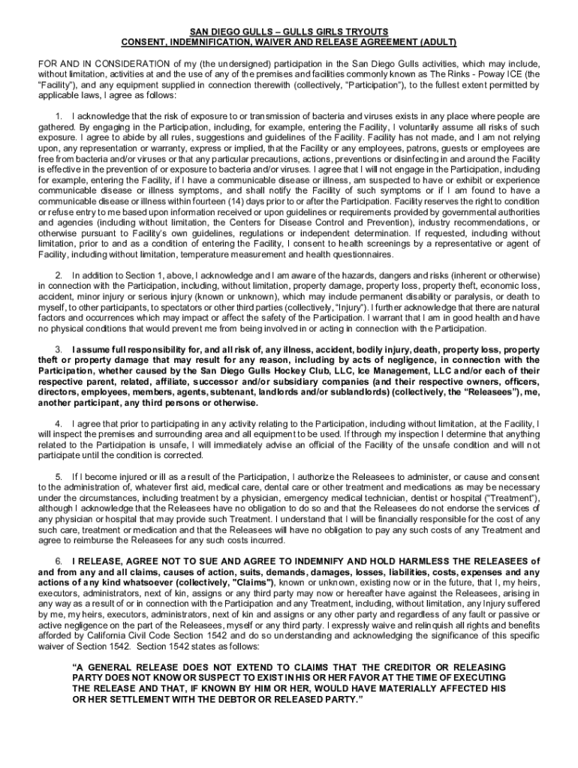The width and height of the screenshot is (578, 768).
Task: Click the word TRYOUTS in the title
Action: click(363, 31)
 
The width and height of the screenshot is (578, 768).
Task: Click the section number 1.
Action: click(59, 117)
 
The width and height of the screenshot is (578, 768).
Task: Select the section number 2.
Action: click(59, 275)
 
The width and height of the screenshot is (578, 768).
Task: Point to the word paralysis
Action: click(456, 296)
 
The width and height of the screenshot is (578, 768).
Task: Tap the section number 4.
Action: click(59, 424)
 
